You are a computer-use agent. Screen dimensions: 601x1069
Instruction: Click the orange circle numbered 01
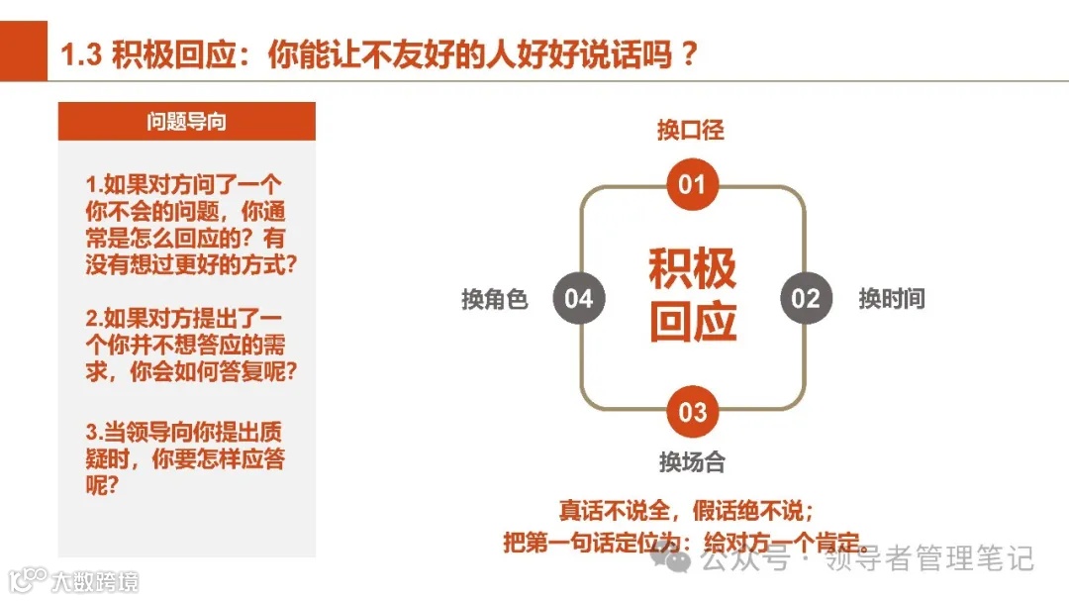(692, 185)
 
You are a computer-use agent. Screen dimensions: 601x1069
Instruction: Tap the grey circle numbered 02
(806, 298)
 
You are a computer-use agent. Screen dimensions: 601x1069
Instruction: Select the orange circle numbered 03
(692, 411)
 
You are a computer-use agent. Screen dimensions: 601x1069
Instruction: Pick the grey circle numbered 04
(578, 298)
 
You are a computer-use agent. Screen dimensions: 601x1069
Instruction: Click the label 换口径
(691, 130)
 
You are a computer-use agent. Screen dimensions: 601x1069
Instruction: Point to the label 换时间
(891, 299)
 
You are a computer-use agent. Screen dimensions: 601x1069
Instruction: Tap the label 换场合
(692, 461)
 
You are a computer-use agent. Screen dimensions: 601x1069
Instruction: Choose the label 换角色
(495, 299)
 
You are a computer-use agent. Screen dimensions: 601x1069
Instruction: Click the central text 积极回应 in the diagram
(693, 296)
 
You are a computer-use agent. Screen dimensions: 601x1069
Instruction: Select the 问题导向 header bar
(187, 122)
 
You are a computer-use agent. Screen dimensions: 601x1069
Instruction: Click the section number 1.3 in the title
(81, 54)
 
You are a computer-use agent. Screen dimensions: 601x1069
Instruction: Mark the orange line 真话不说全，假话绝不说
(686, 511)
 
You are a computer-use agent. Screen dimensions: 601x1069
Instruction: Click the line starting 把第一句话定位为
(685, 544)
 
